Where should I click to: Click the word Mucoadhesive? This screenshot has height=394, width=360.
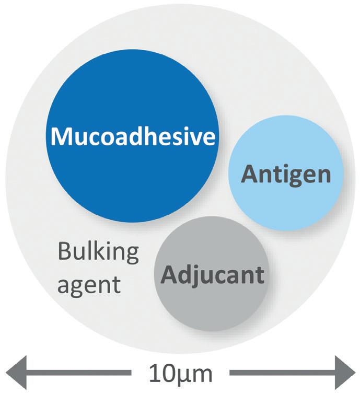click(x=133, y=137)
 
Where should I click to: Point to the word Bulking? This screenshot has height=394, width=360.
click(x=99, y=253)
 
